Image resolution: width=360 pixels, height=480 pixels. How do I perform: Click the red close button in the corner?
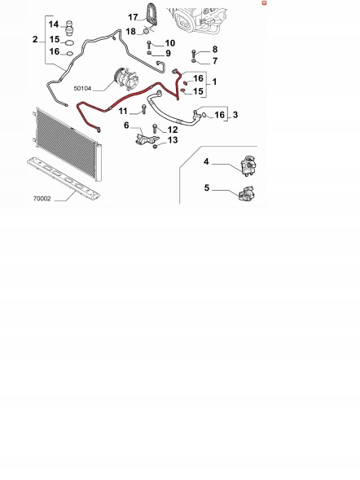pos(264,2)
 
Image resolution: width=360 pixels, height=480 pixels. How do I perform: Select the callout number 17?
pos(133,17)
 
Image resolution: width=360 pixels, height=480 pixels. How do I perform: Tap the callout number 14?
pos(54,24)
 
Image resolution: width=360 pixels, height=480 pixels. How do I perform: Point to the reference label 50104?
pos(82,89)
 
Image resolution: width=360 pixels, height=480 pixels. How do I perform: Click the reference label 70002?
pos(42,199)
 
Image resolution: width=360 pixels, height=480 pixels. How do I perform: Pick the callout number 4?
pos(206,161)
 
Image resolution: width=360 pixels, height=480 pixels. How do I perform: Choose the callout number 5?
pos(207,187)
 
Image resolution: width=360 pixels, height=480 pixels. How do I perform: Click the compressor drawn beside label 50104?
pos(126,79)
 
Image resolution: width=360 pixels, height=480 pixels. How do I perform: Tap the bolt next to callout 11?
pos(143,109)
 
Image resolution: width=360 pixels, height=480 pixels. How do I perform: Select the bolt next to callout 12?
pos(155,128)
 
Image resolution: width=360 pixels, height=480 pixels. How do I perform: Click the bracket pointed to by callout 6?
pos(147,138)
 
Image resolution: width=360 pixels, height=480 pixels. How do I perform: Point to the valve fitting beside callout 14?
pos(70,27)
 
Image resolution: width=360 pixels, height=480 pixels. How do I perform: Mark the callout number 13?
pos(173,140)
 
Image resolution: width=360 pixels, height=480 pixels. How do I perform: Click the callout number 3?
pos(235,115)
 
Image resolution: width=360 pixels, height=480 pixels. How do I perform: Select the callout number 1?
pos(214,81)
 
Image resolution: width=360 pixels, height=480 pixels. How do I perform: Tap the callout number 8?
pos(215,49)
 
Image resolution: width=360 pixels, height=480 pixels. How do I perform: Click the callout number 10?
pos(169,43)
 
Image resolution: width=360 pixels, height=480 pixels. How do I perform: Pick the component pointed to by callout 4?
pos(249,165)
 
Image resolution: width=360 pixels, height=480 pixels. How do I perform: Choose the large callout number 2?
pos(35,39)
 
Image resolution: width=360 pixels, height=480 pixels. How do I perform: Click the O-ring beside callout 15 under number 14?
pos(69,42)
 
